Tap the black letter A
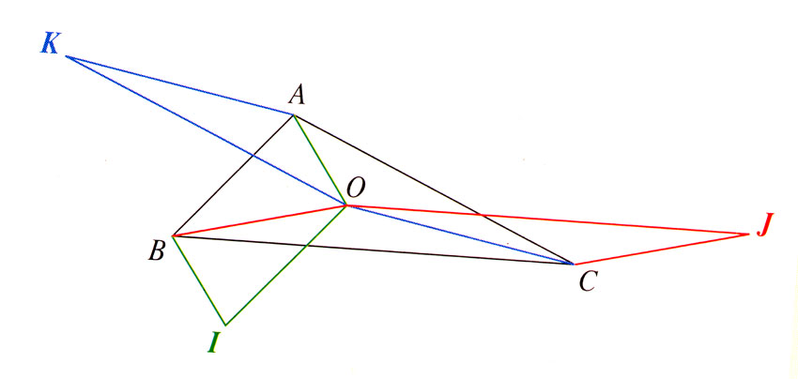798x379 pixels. [x=297, y=94]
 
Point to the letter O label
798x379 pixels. [x=356, y=189]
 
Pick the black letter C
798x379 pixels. [x=588, y=280]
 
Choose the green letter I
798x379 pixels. [x=214, y=342]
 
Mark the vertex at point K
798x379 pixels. [x=66, y=56]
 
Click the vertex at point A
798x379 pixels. [x=294, y=115]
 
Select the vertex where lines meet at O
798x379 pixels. [x=346, y=205]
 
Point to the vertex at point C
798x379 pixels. [x=575, y=265]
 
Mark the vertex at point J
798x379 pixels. [x=749, y=233]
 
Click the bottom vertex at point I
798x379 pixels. [x=224, y=325]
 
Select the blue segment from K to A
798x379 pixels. [x=178, y=85]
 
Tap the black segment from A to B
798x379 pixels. [x=234, y=175]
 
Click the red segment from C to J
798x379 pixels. [x=662, y=249]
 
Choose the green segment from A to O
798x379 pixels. [x=320, y=159]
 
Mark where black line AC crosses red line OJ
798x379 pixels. [x=481, y=215]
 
